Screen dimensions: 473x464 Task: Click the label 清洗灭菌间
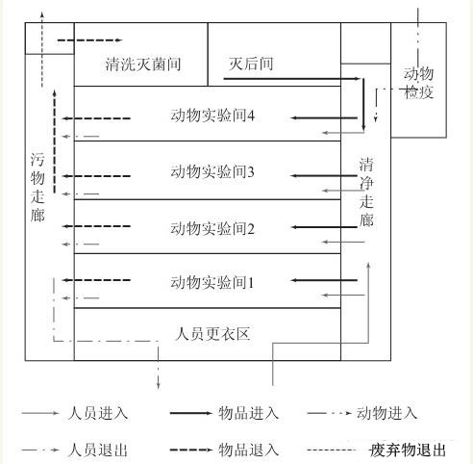pyautogui.click(x=143, y=64)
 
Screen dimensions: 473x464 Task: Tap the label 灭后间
pyautogui.click(x=251, y=64)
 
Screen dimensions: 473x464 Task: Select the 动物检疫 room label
pyautogui.click(x=418, y=83)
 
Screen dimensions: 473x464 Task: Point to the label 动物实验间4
pyautogui.click(x=212, y=116)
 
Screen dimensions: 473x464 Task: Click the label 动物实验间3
pyautogui.click(x=212, y=171)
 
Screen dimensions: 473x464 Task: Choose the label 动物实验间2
pyautogui.click(x=212, y=228)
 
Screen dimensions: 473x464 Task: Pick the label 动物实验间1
pyautogui.click(x=212, y=282)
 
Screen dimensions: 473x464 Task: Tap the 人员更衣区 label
pyautogui.click(x=212, y=334)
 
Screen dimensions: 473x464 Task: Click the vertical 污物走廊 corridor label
pyautogui.click(x=37, y=188)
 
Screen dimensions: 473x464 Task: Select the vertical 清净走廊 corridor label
pyautogui.click(x=366, y=193)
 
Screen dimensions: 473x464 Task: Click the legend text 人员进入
pyautogui.click(x=98, y=413)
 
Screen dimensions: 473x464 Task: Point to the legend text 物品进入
pyautogui.click(x=248, y=413)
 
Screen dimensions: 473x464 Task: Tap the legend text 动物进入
pyautogui.click(x=386, y=413)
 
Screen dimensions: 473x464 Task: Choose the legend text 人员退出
pyautogui.click(x=98, y=450)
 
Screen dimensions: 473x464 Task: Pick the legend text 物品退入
pyautogui.click(x=248, y=450)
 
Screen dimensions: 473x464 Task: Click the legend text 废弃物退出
pyautogui.click(x=408, y=450)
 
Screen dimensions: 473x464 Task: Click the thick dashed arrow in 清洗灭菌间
pyautogui.click(x=89, y=40)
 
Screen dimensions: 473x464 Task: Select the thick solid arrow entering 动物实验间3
pyautogui.click(x=324, y=175)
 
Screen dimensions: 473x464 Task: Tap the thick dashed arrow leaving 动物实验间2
pyautogui.click(x=96, y=226)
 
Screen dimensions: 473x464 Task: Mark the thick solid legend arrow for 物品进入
pyautogui.click(x=191, y=413)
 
